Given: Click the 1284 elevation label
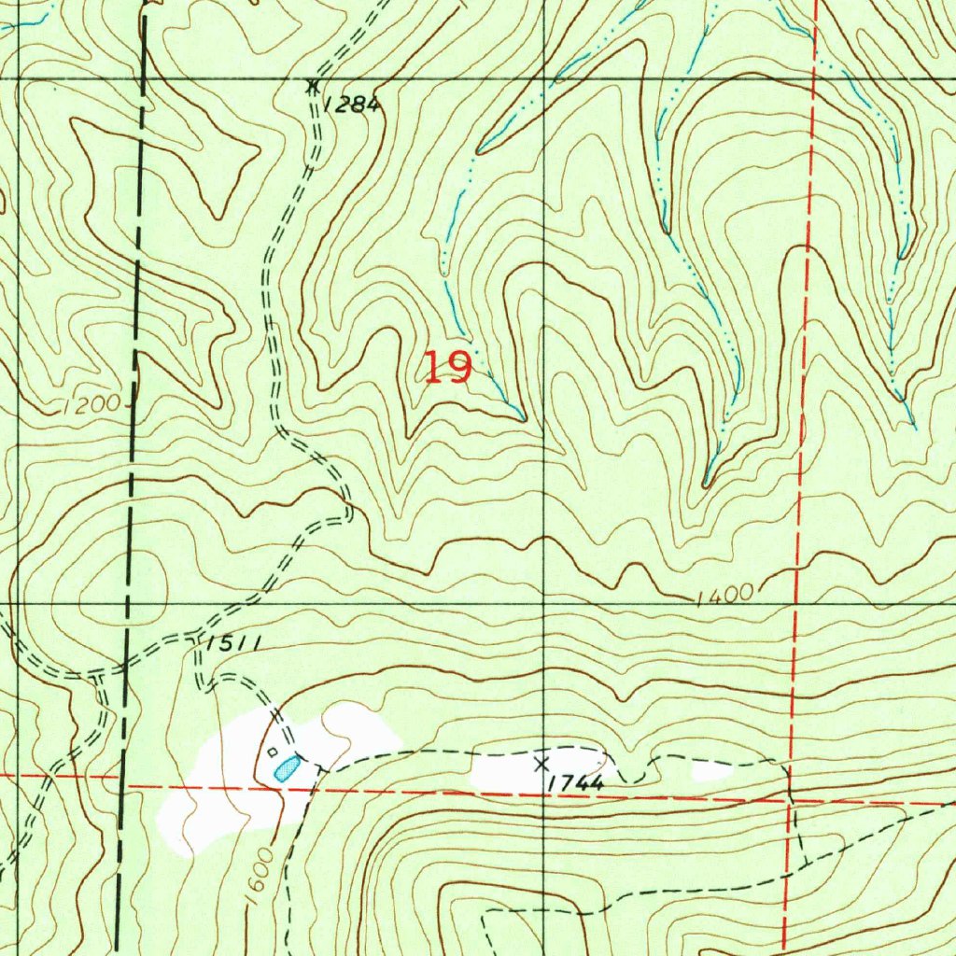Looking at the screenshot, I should (x=353, y=105).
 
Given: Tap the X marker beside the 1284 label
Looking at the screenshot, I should (x=313, y=85).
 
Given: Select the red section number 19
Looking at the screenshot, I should (x=447, y=367).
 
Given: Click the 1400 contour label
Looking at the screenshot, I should (x=724, y=595).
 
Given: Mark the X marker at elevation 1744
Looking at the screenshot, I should (x=541, y=764).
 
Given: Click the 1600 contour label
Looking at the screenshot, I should (x=260, y=875).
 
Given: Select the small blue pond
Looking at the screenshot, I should (x=287, y=769).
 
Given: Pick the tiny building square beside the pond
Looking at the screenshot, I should (x=272, y=752).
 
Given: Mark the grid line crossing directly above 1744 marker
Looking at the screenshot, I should (x=547, y=604).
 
